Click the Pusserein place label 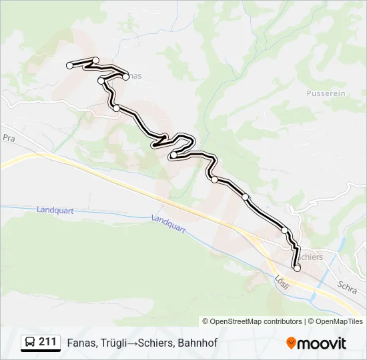click(x=326, y=93)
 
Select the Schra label click(x=347, y=287)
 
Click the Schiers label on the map click(x=310, y=257)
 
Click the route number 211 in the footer click(x=47, y=342)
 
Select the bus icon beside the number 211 click(x=30, y=343)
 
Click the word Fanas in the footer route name click(x=80, y=343)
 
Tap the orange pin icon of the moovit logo click(x=291, y=343)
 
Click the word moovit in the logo click(x=322, y=343)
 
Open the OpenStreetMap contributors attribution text click(x=256, y=321)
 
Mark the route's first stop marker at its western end click(x=69, y=65)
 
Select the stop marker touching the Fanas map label click(x=125, y=77)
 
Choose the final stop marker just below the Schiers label click(x=297, y=268)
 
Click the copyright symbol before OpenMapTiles click(x=311, y=321)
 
